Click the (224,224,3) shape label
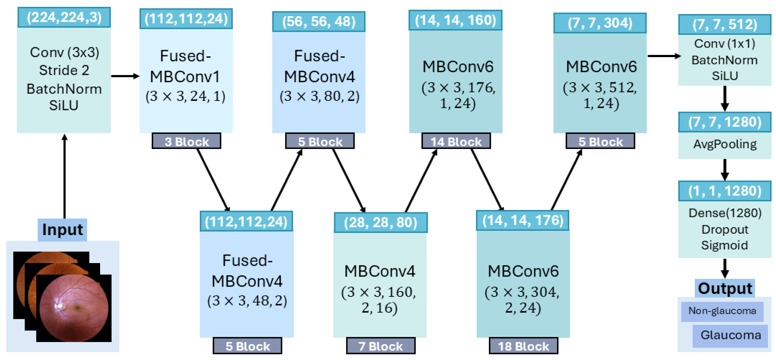pyautogui.click(x=64, y=17)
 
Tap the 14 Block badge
pyautogui.click(x=456, y=141)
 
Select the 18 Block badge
pyautogui.click(x=523, y=346)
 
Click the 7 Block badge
pyautogui.click(x=380, y=346)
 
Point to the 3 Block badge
pyautogui.click(x=187, y=141)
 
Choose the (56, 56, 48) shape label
pyautogui.click(x=319, y=22)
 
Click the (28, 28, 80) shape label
pyautogui.click(x=380, y=223)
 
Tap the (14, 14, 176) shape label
pyautogui.click(x=523, y=221)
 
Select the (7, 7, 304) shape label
pyautogui.click(x=600, y=23)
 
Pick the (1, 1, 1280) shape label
pyautogui.click(x=725, y=191)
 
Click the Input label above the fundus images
pyautogui.click(x=62, y=230)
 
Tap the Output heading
pyautogui.click(x=725, y=289)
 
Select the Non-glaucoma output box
pyautogui.click(x=722, y=311)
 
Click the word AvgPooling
pyautogui.click(x=725, y=144)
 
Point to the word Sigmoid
pyautogui.click(x=725, y=245)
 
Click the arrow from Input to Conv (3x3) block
pyautogui.click(x=64, y=178)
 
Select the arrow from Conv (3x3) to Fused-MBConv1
pyautogui.click(x=125, y=76)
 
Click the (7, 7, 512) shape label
pyautogui.click(x=725, y=24)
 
